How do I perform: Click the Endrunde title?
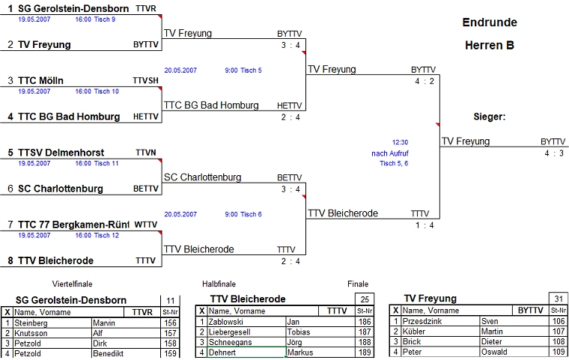tap(490, 22)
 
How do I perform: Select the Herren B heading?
tap(490, 46)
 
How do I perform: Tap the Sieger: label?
tap(490, 117)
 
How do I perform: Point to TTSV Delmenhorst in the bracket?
tap(56, 153)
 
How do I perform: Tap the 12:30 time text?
tap(400, 141)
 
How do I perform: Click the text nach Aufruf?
tap(390, 153)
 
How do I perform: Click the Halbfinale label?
tap(219, 284)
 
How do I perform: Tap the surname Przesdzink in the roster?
tap(424, 321)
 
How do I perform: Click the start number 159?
tap(170, 353)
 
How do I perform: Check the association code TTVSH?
tap(146, 80)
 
